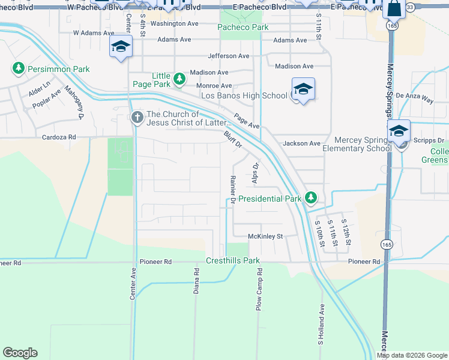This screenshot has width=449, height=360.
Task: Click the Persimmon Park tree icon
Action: coord(19,69)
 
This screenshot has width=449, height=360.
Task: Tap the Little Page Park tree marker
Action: coord(179,79)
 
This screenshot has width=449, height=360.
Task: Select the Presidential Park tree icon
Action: coord(310,197)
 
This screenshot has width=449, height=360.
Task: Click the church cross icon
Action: coord(137,118)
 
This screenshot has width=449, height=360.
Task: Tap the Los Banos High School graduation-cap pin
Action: coord(303,90)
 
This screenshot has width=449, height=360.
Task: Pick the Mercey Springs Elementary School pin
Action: coord(399,131)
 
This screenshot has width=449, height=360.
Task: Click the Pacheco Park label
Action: coord(243,28)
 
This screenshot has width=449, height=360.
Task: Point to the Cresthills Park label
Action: coord(232,261)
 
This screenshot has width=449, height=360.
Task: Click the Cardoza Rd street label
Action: coord(59,137)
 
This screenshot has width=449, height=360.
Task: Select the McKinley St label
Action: coord(265,236)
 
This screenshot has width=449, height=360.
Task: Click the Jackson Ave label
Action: coord(301,143)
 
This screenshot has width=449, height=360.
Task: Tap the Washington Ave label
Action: coord(174,23)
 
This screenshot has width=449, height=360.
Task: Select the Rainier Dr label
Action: coord(232,189)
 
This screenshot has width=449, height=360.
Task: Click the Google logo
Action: coord(20,353)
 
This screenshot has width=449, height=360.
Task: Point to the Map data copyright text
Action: coord(411,355)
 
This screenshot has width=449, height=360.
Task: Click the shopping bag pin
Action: coord(394,9)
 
